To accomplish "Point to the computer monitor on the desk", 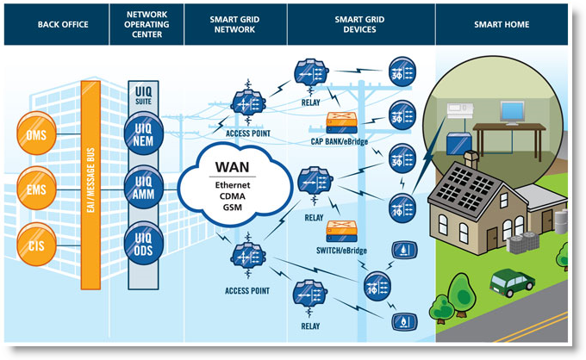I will pyautogui.click(x=514, y=111).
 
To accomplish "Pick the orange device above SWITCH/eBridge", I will pyautogui.click(x=342, y=231).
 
